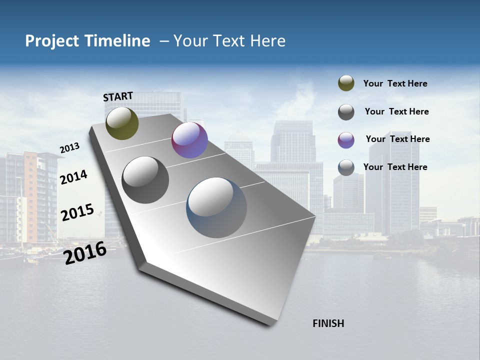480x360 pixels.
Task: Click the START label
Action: click(x=118, y=96)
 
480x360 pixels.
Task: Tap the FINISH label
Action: click(x=328, y=323)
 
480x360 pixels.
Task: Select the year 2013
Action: click(x=69, y=148)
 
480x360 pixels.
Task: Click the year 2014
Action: click(x=73, y=177)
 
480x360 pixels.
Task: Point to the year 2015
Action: click(x=77, y=212)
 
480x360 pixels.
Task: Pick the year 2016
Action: click(x=85, y=253)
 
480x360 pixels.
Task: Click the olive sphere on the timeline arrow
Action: click(x=122, y=123)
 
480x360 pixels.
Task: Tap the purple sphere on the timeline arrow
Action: click(x=189, y=140)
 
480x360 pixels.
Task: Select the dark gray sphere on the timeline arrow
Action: click(x=145, y=180)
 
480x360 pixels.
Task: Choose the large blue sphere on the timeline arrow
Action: click(x=216, y=207)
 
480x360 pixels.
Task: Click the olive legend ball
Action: click(x=346, y=83)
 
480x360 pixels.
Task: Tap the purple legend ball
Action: click(x=346, y=140)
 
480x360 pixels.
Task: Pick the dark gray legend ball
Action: click(x=346, y=112)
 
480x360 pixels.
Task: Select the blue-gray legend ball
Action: click(x=346, y=167)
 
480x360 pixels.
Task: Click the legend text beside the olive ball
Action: click(x=395, y=84)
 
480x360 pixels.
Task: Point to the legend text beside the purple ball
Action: click(x=397, y=139)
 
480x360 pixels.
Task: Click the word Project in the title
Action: click(x=52, y=41)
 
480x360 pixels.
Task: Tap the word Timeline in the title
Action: click(x=117, y=41)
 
